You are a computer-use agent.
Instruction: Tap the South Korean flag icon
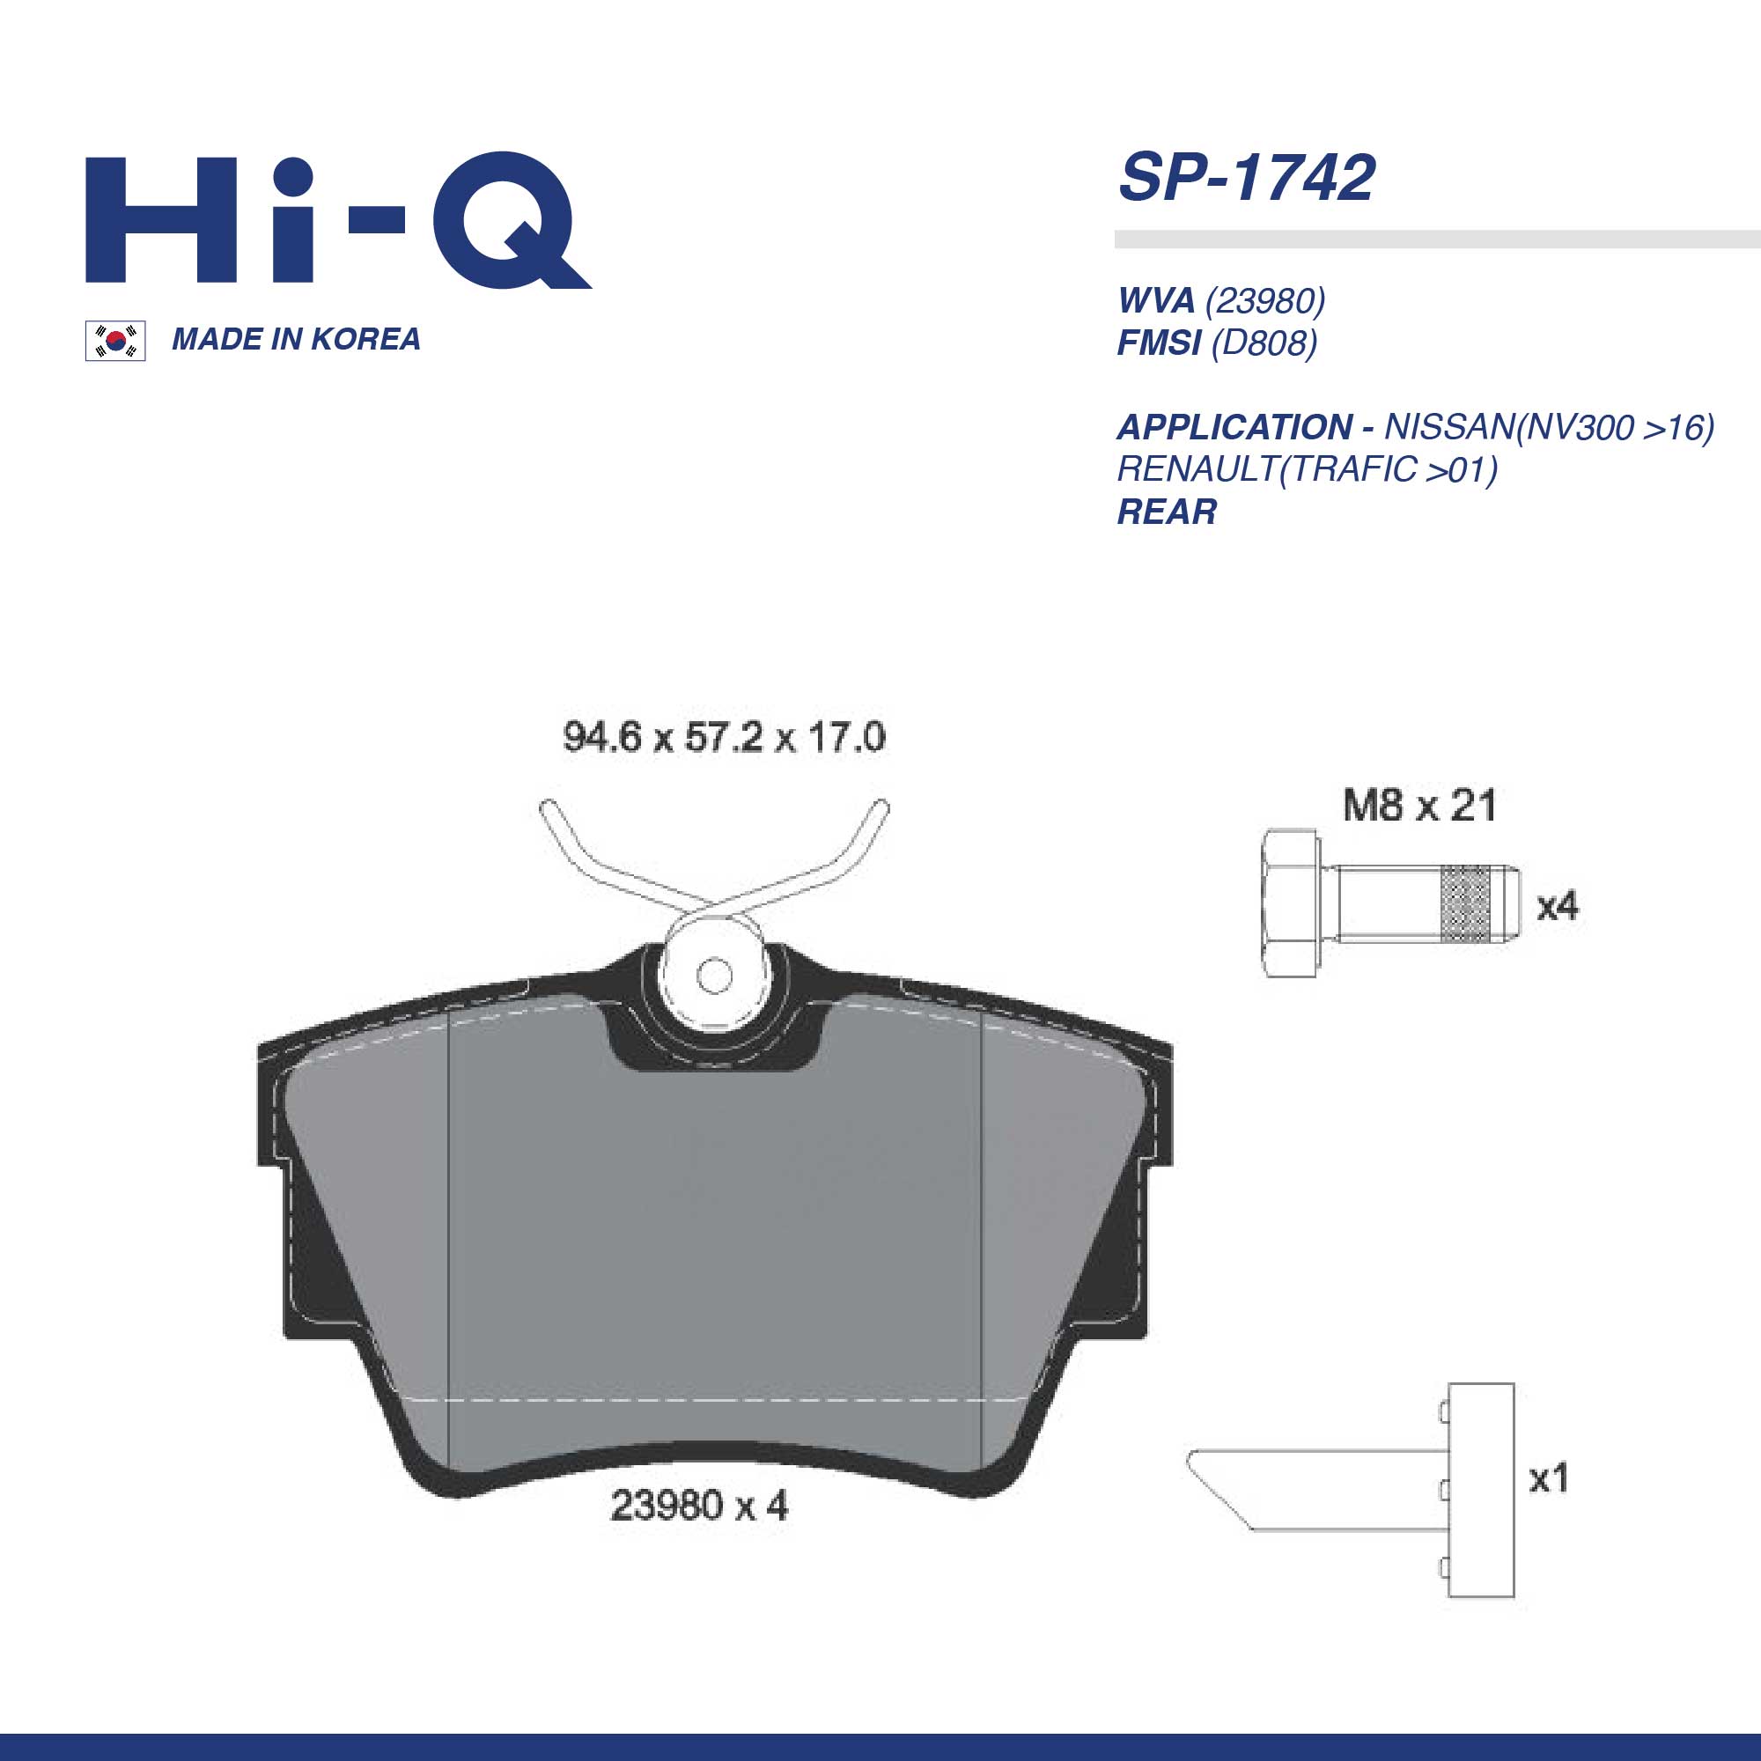[114, 341]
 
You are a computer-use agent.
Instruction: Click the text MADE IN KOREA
[296, 339]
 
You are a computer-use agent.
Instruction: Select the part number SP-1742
[1246, 178]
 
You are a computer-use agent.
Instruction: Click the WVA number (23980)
[1265, 300]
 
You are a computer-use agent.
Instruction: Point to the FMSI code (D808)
[1264, 343]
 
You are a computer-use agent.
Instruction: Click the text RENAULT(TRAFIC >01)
[1307, 469]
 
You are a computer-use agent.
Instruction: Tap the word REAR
[1167, 512]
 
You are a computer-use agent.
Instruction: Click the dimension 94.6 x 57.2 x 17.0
[724, 736]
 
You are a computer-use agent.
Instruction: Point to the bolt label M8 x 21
[1419, 806]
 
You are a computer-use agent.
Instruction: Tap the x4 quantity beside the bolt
[1557, 906]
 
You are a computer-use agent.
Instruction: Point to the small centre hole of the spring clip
[713, 976]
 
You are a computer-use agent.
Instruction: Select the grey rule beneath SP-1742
[1436, 239]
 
